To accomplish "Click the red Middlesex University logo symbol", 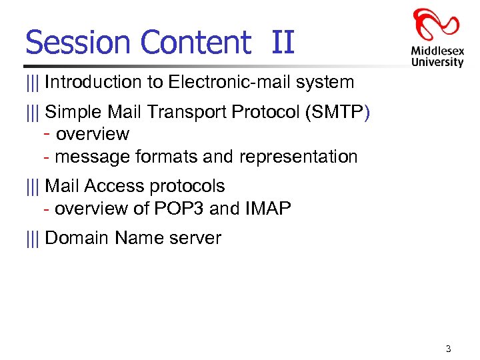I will coord(436,25).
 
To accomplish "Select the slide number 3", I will coord(448,349).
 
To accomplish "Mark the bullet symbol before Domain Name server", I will coord(33,238).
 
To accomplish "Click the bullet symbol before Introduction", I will coord(33,83).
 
